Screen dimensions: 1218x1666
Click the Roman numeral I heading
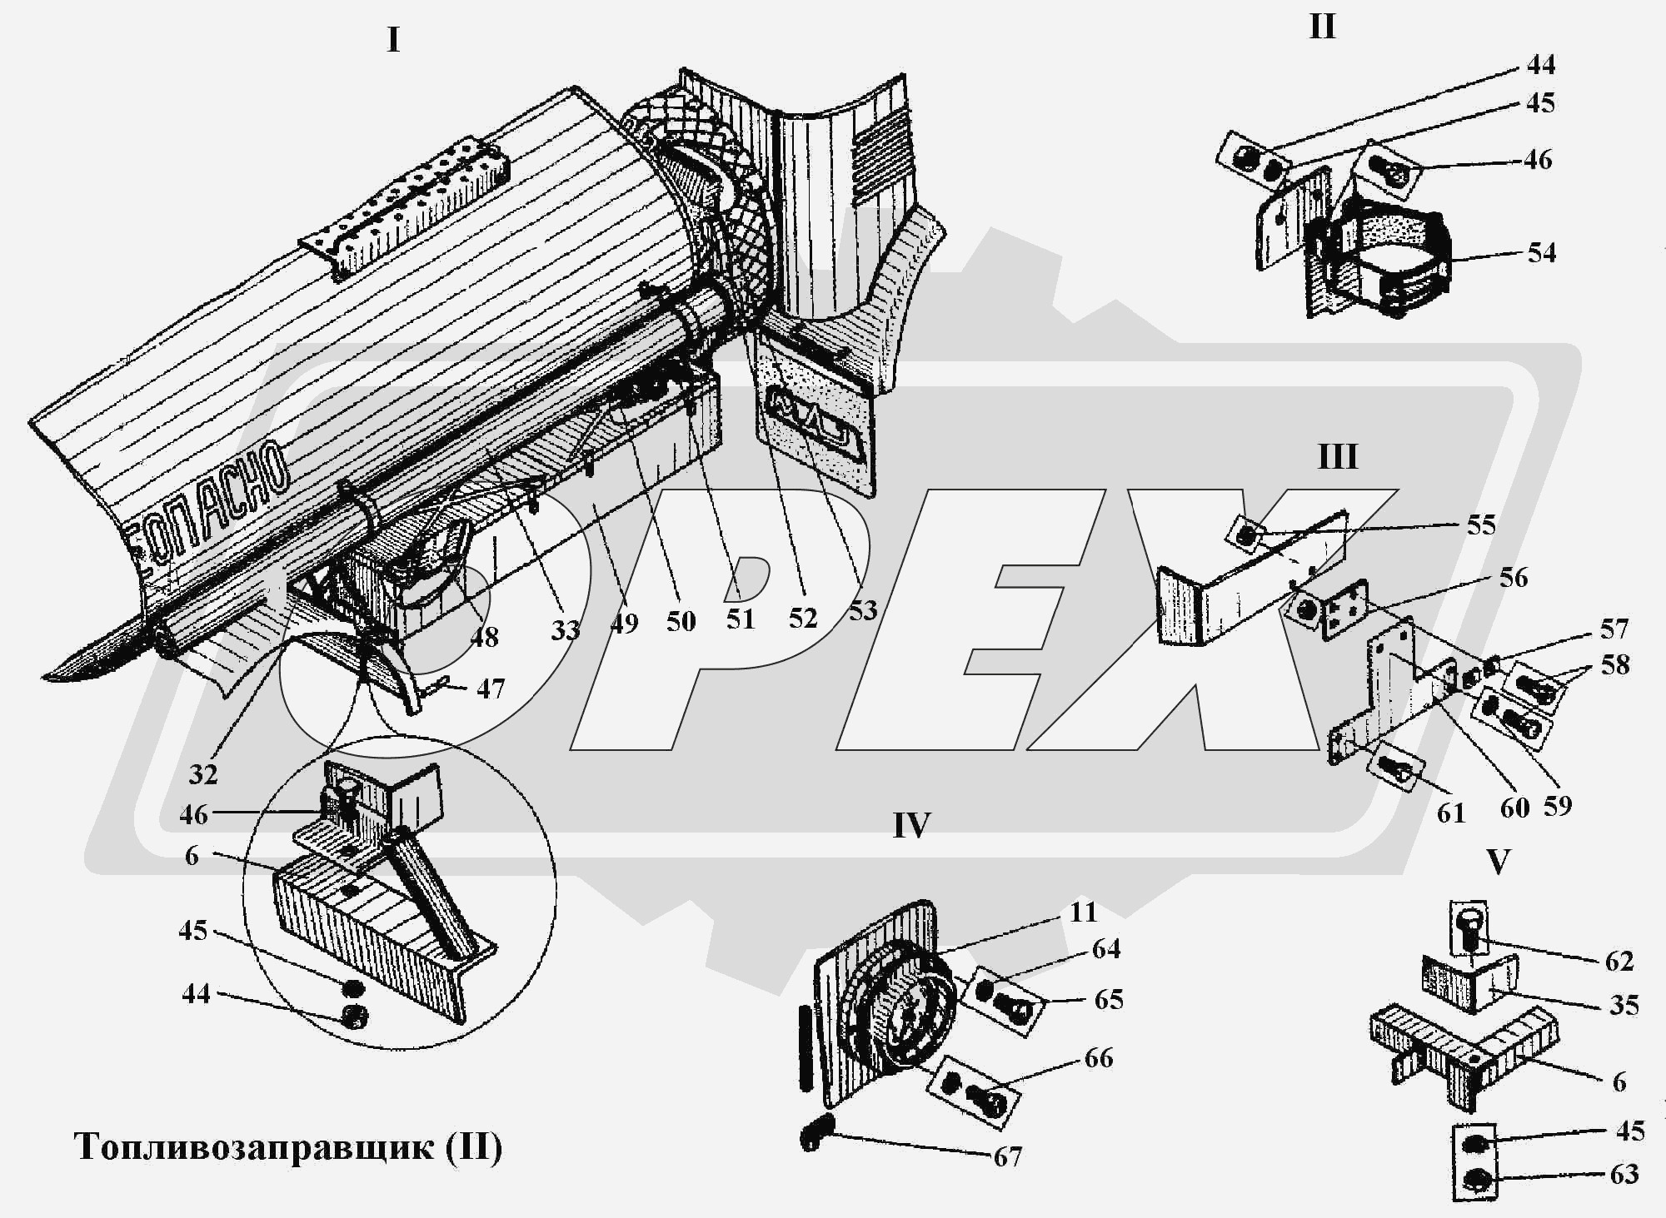393,40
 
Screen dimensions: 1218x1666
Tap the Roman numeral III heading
1337,457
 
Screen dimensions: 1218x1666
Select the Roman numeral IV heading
910,825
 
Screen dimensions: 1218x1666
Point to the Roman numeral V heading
1498,863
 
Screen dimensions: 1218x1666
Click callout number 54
1541,252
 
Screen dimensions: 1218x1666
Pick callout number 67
1007,1156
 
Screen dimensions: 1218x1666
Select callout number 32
203,774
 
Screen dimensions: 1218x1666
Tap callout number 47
490,689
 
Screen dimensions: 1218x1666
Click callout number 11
1082,912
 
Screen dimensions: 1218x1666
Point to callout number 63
1624,1174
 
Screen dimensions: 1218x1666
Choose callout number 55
1481,525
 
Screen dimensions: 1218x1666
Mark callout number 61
1451,812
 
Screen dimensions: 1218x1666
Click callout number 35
1624,1005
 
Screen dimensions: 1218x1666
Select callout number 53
863,610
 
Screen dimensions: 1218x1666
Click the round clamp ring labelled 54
1399,258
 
